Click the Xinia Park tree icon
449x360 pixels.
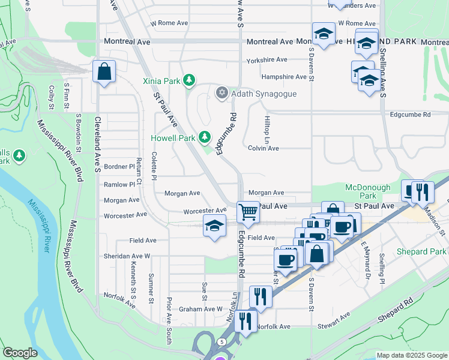pos(189,80)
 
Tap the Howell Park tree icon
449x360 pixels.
pos(205,137)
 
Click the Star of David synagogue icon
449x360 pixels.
pos(221,92)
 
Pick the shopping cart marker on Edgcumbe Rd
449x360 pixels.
pos(248,212)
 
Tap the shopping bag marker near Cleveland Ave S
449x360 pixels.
pos(104,71)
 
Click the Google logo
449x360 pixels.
pos(20,353)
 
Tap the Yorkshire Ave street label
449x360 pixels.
pos(267,60)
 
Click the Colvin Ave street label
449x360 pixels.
pos(264,148)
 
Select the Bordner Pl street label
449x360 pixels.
pos(119,166)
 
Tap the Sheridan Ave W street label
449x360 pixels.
pos(127,256)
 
